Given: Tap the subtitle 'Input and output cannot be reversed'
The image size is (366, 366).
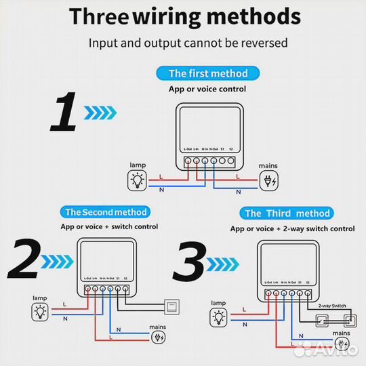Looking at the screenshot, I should (x=188, y=43).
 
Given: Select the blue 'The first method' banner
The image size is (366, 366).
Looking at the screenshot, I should (x=208, y=73).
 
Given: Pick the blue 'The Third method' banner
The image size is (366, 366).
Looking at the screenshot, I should (x=287, y=213).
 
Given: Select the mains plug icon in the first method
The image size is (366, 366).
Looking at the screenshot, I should (x=268, y=180).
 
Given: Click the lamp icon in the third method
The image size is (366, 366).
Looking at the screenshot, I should (x=218, y=316).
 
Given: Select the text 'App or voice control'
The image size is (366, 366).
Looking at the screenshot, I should (x=207, y=89).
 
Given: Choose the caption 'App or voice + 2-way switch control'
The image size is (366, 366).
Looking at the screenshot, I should (x=292, y=229).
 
